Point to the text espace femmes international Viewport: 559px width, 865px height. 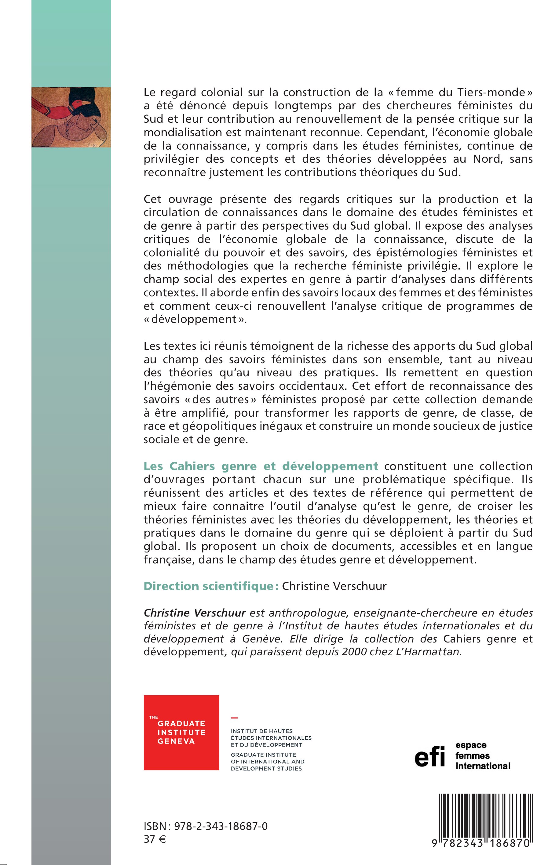tap(482, 755)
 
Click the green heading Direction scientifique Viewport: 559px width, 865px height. tap(211, 586)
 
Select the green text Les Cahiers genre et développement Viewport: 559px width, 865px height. tap(261, 466)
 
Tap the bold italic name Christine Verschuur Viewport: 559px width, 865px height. tap(195, 613)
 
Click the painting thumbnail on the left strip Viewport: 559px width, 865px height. tap(71, 117)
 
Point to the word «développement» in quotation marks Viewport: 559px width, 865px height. tap(195, 319)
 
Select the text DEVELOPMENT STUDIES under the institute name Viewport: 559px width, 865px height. tap(266, 769)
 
